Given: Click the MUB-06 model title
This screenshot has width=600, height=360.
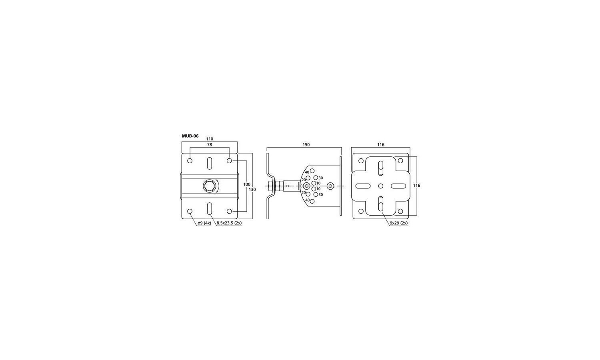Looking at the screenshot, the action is [x=190, y=136].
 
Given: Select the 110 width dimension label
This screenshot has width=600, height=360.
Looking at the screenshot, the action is [x=210, y=139].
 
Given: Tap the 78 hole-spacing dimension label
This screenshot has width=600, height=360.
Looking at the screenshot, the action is [x=210, y=145].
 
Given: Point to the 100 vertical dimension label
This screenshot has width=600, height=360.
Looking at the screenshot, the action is [x=247, y=184].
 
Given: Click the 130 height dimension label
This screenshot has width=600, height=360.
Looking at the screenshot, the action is [x=252, y=189].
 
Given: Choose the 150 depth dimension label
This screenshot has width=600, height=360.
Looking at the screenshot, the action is [x=306, y=145].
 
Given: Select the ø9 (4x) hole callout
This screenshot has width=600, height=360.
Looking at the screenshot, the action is [x=204, y=223].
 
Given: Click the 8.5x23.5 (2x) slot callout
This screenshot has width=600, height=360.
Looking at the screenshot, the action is [x=229, y=223].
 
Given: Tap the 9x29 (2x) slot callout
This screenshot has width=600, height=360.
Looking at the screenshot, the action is [x=399, y=223].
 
